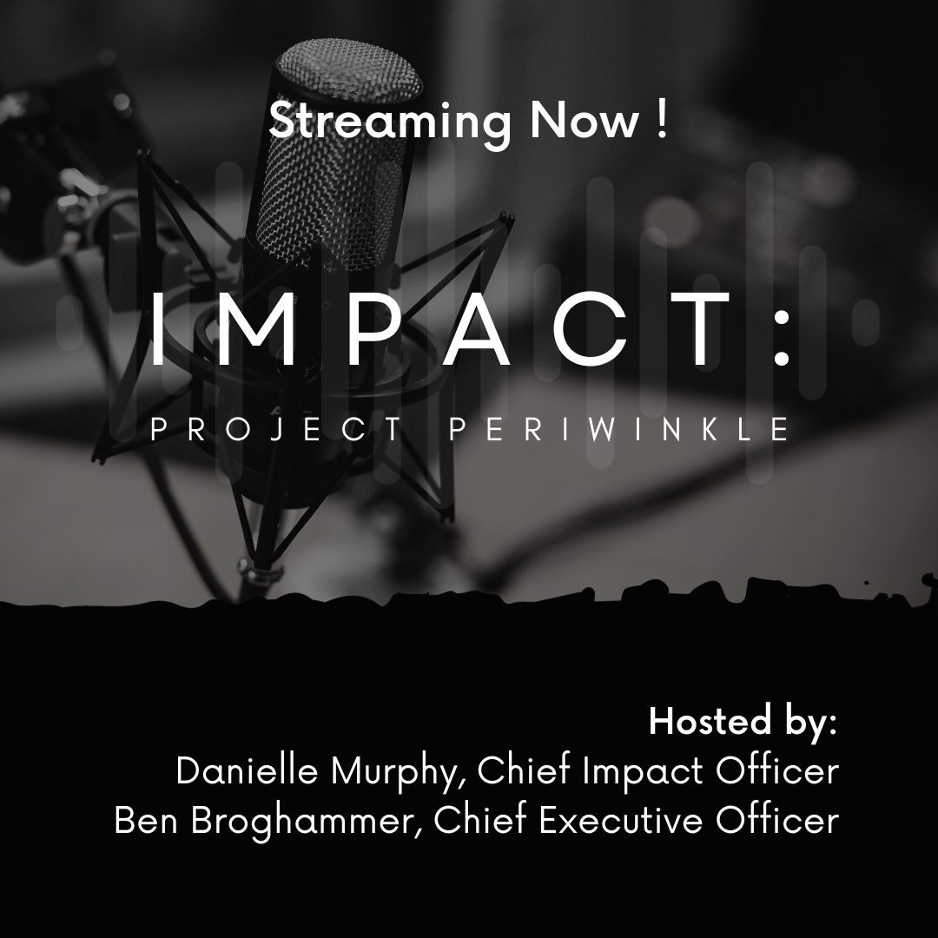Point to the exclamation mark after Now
pos(662,120)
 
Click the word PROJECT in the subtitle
pos(265,431)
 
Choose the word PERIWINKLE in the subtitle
pos(618,431)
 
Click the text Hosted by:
pos(743,723)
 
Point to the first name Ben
pos(146,821)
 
